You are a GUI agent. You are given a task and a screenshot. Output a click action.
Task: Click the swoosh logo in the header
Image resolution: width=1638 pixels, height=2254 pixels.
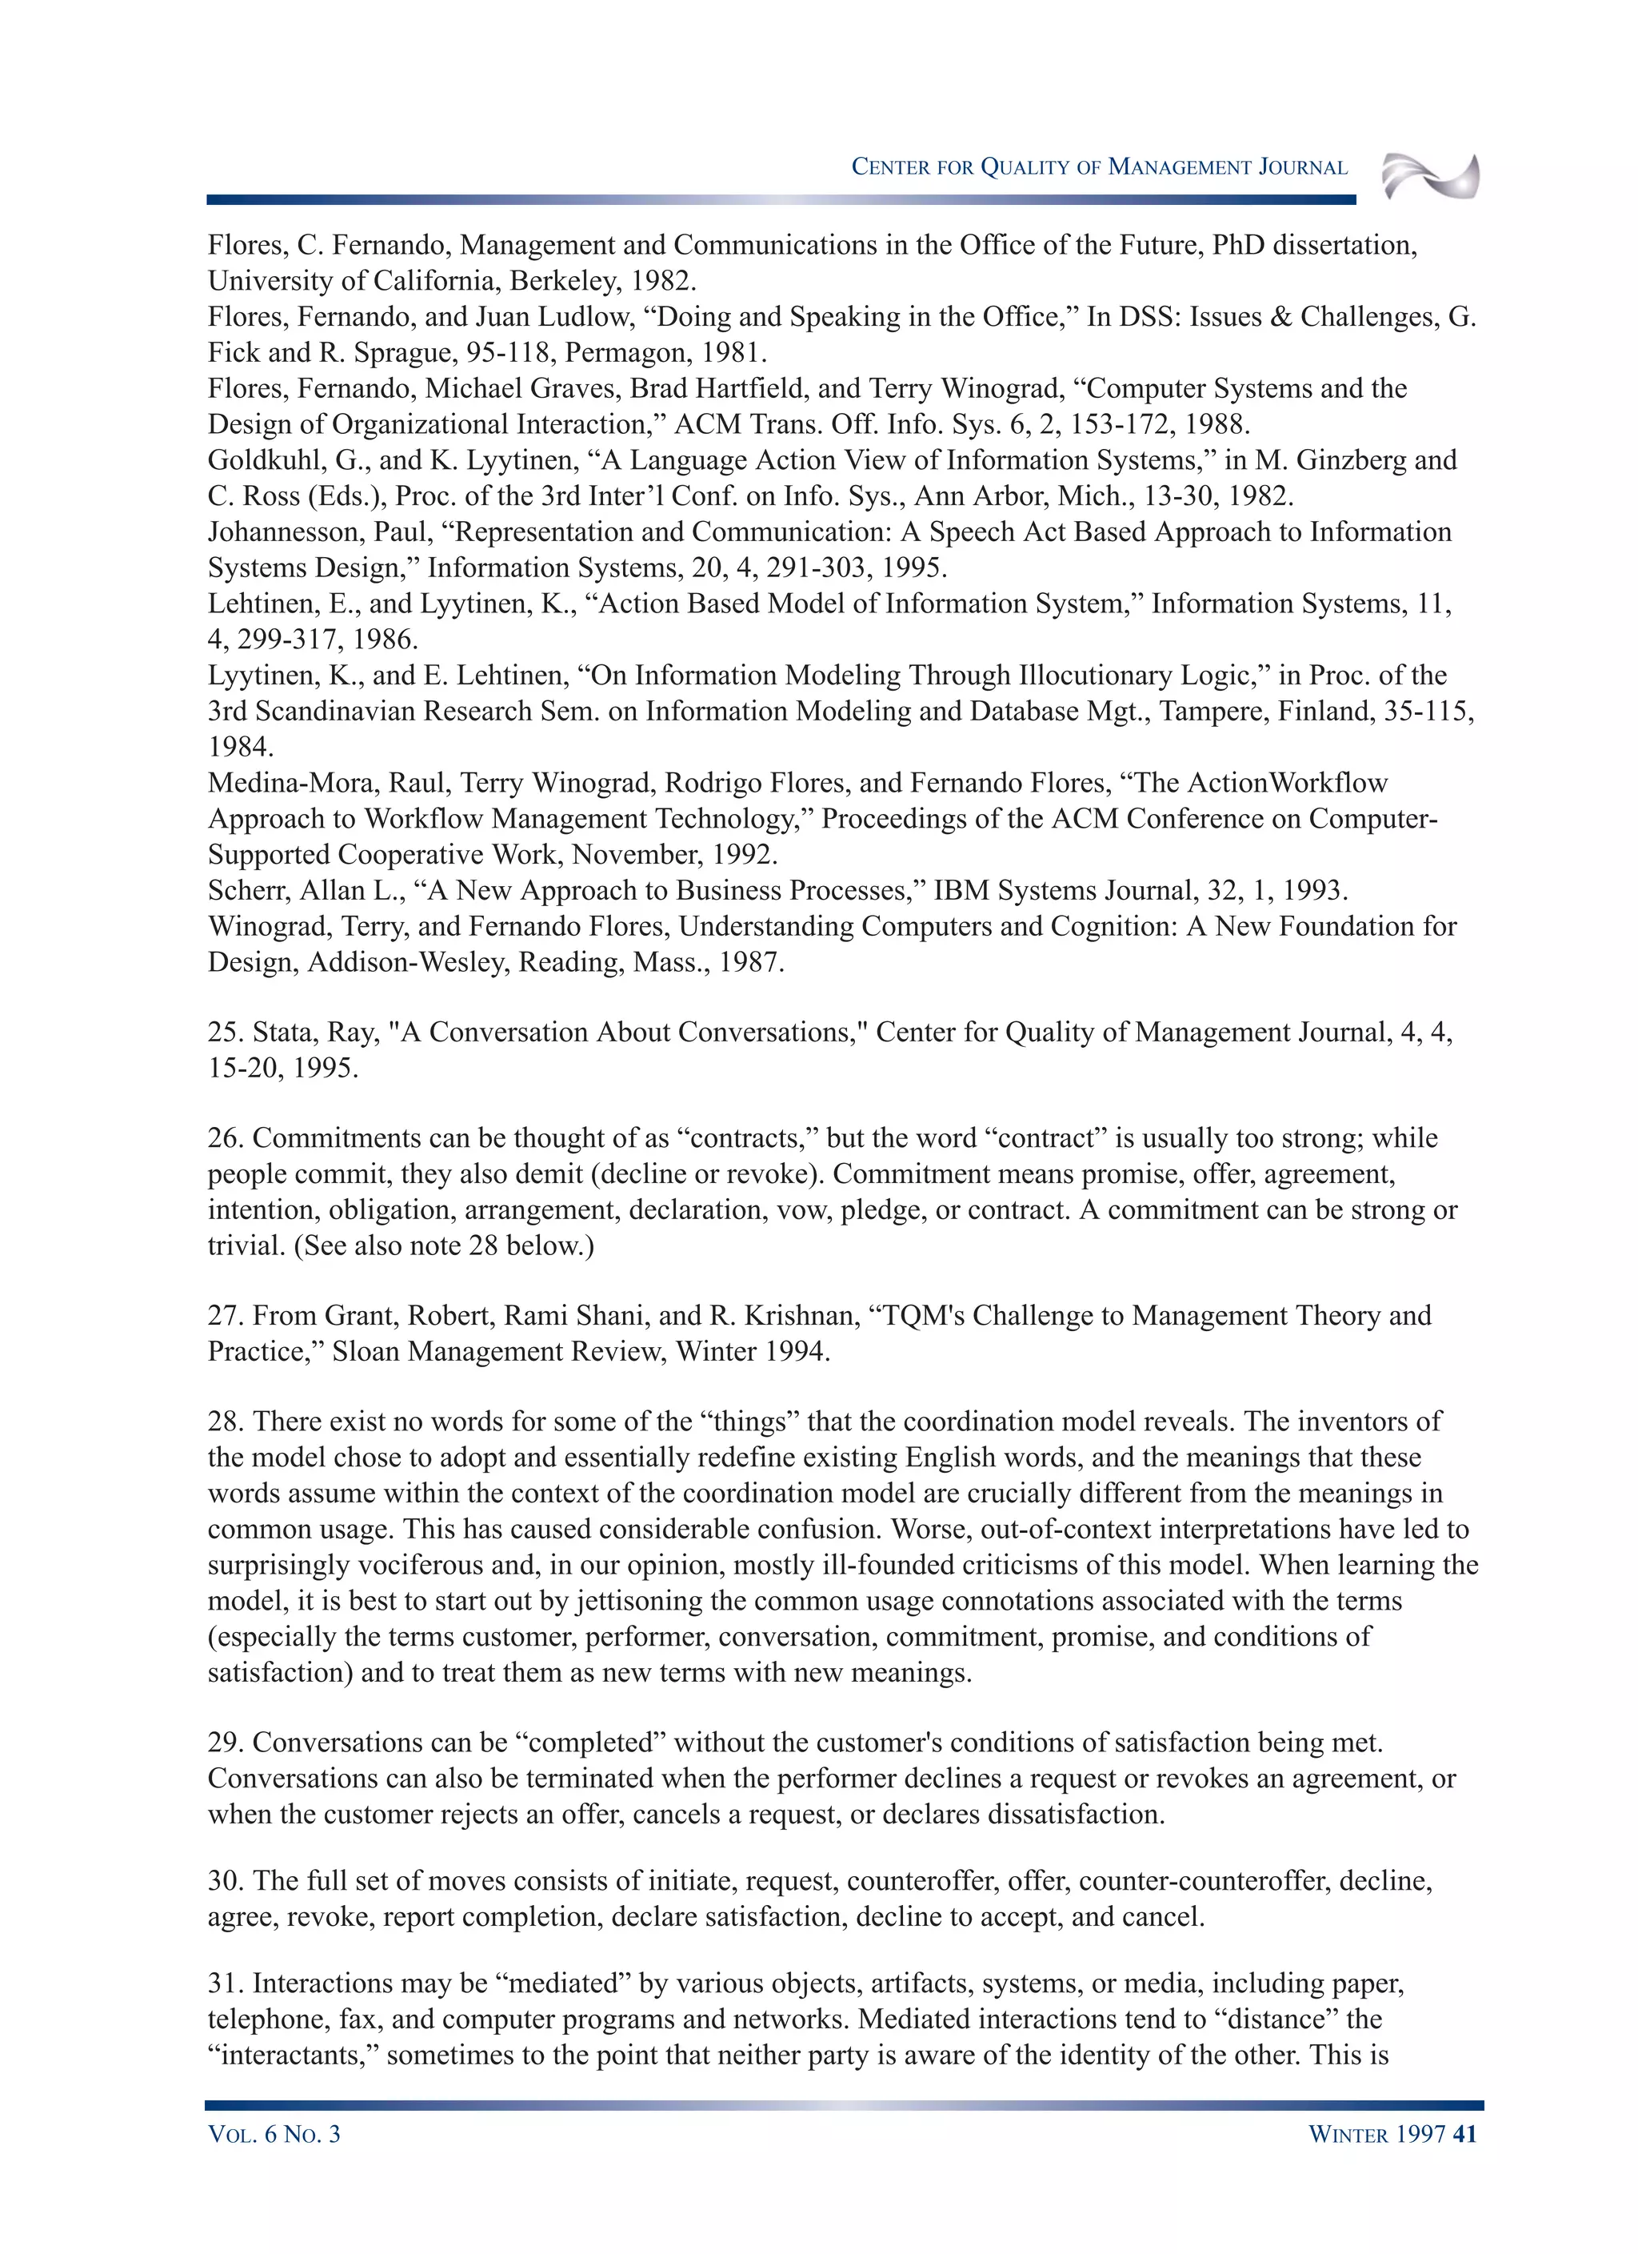click(x=1430, y=176)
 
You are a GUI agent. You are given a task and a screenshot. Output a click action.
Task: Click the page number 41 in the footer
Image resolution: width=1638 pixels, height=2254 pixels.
click(x=1464, y=2134)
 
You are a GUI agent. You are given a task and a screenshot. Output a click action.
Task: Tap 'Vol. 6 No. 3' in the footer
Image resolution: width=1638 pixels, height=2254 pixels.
click(x=274, y=2134)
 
